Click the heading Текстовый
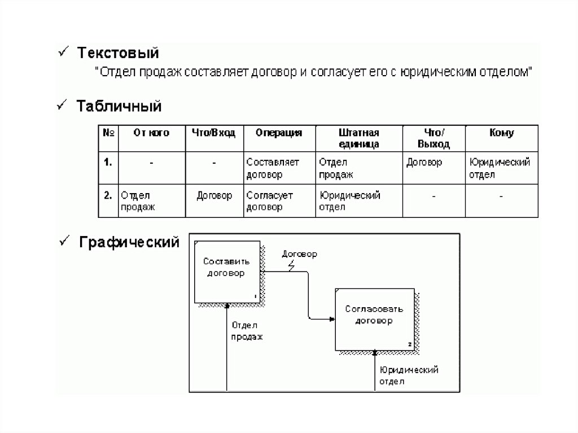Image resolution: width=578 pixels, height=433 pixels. point(118,53)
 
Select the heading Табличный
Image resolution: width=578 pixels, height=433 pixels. point(119,106)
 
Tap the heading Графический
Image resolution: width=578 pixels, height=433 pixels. point(129,242)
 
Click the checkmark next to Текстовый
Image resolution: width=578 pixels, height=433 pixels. point(63,52)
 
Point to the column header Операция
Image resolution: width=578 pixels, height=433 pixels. point(279,133)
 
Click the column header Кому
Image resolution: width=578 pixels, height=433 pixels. point(501,133)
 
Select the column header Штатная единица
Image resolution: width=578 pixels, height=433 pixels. point(358,138)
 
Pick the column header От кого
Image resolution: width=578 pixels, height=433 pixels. point(151,133)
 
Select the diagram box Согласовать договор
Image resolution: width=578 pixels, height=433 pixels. point(375,320)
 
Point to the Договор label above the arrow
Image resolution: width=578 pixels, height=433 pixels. point(299,254)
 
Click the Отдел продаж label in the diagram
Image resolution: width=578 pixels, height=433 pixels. point(247,331)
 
